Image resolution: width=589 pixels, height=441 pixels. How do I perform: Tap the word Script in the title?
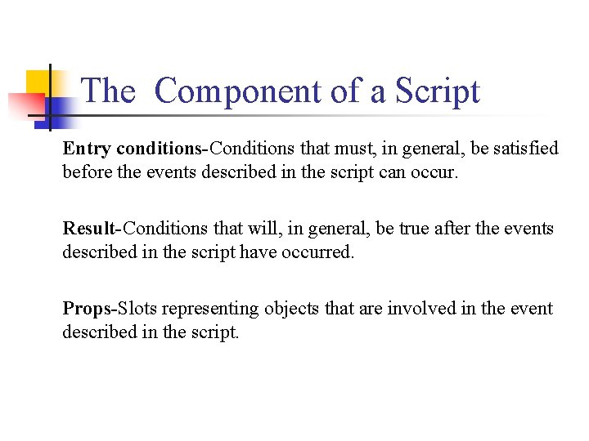(437, 91)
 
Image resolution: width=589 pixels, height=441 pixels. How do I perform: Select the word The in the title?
(108, 91)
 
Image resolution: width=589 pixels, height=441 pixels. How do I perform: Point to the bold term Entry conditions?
(132, 149)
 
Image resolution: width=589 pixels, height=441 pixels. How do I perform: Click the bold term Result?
(88, 229)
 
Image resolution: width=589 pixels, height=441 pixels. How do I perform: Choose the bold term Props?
(88, 309)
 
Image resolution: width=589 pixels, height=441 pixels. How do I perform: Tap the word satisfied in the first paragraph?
(524, 149)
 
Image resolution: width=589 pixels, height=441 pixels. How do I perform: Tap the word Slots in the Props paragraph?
(137, 309)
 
